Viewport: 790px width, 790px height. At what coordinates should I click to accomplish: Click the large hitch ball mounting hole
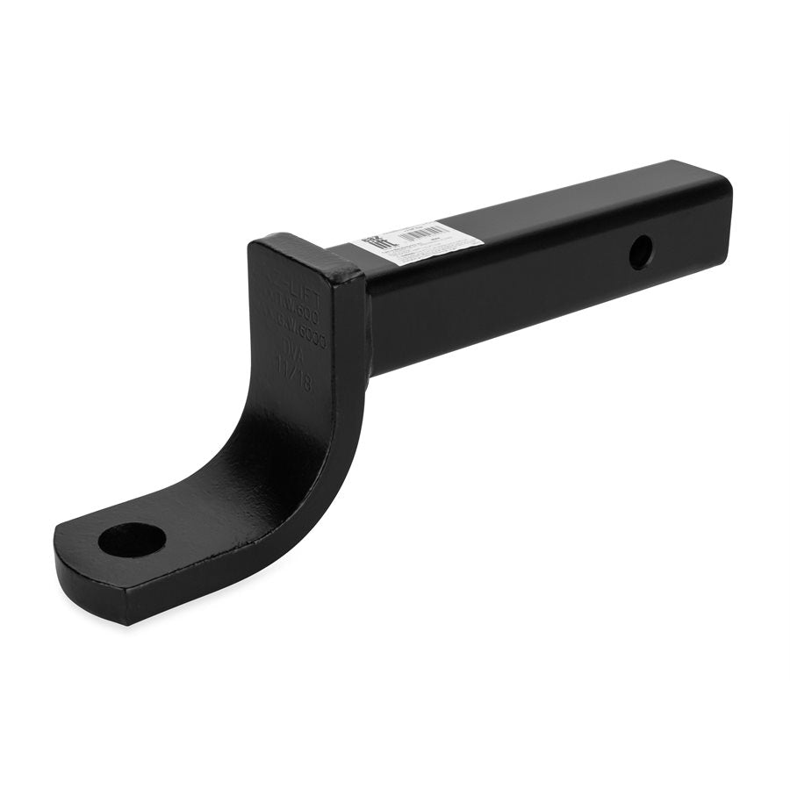click(x=132, y=539)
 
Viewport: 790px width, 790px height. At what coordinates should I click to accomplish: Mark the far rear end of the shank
click(x=715, y=211)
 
